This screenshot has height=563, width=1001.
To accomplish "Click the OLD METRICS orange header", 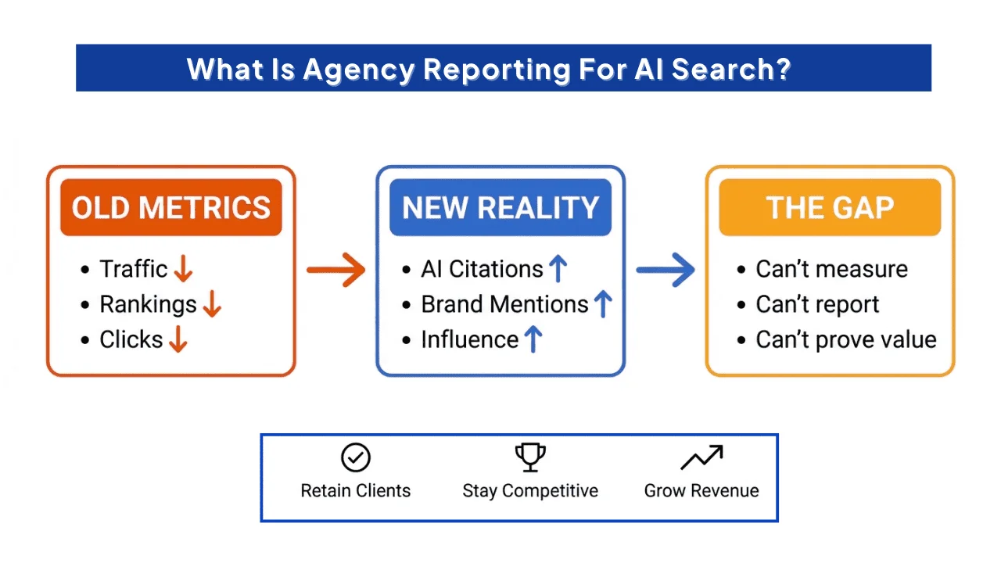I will (x=170, y=207).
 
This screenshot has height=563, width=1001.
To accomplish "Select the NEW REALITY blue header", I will (x=500, y=207).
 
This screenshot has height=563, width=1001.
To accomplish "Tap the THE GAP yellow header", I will (x=830, y=207).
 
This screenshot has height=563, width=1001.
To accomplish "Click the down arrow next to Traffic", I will (x=183, y=270).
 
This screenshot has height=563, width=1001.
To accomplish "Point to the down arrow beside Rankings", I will (x=212, y=305).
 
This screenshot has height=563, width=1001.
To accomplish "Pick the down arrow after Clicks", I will (x=178, y=340).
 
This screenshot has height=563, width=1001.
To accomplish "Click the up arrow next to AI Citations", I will (x=558, y=270).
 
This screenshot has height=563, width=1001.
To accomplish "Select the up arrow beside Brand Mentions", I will (x=602, y=305).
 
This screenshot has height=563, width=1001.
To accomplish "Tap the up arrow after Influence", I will (x=533, y=340).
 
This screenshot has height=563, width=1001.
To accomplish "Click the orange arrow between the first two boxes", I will (x=335, y=271).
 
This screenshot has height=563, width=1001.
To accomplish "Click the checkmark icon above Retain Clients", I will (x=356, y=458).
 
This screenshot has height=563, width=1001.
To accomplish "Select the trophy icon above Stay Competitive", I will (x=530, y=457).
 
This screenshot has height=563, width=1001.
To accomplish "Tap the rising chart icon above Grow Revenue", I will (x=701, y=458).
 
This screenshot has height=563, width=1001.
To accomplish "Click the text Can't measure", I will (x=831, y=270).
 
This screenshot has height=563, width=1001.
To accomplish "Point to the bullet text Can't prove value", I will (x=845, y=340).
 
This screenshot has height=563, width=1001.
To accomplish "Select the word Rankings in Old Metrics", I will (x=148, y=305).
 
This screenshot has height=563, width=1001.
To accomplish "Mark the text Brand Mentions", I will (x=504, y=305).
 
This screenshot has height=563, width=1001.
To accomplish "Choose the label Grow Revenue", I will (x=701, y=491).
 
